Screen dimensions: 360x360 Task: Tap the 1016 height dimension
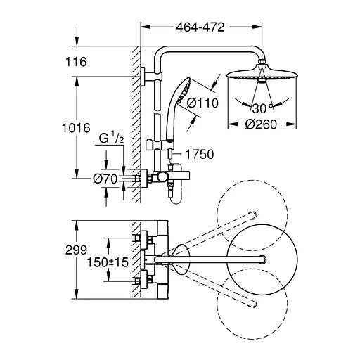click(77, 128)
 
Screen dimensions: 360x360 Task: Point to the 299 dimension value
click(77, 249)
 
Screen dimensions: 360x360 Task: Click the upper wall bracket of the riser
click(145, 77)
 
